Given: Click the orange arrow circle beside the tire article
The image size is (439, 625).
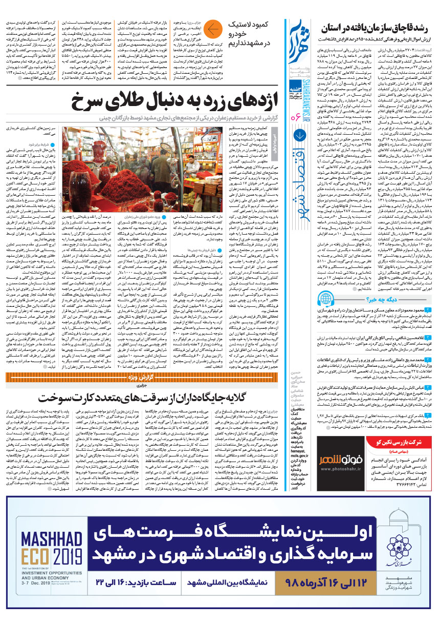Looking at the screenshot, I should tap(215, 29).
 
